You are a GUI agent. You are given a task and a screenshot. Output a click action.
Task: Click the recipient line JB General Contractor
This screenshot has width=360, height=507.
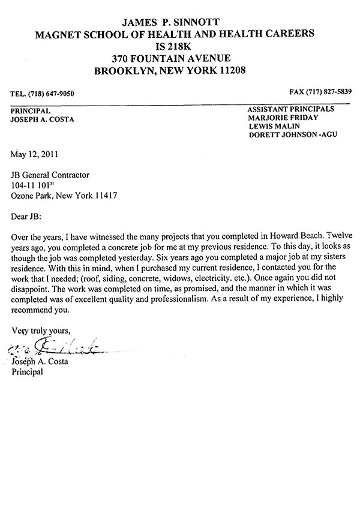pyautogui.click(x=50, y=175)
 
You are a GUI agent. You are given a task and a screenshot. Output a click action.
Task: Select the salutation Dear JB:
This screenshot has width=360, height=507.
pyautogui.click(x=28, y=217)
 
